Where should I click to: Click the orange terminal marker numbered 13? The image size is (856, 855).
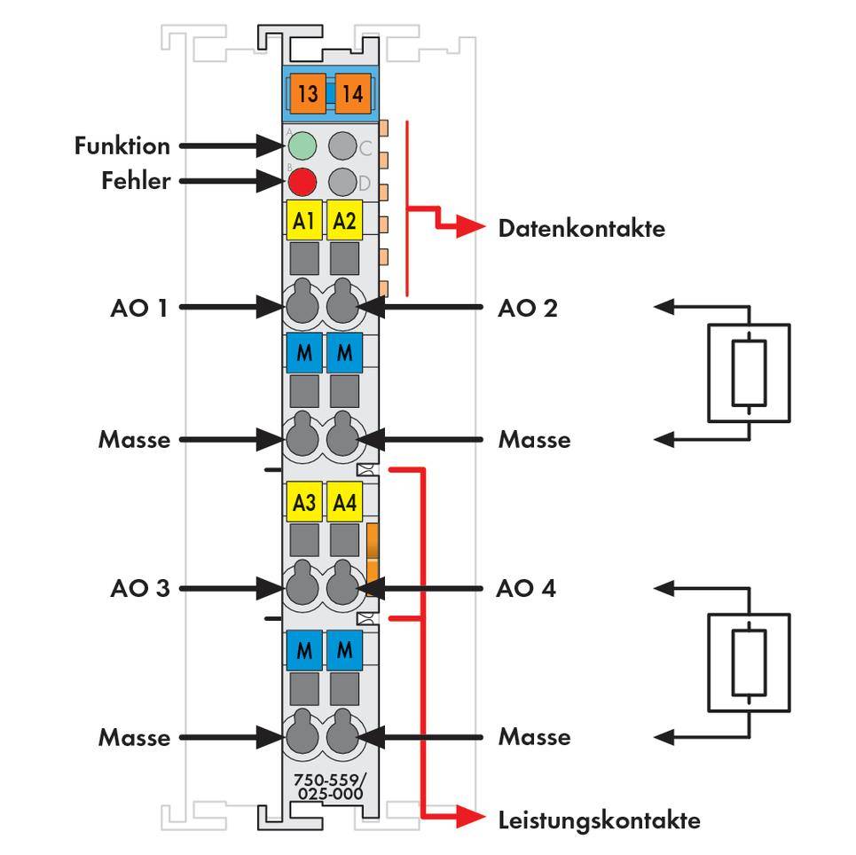[x=308, y=93]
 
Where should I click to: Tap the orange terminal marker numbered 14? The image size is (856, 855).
[x=352, y=93]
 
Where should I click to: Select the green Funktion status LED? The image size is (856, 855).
[x=302, y=145]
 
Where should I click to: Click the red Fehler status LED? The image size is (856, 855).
[x=302, y=182]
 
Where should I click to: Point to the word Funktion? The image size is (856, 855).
[x=122, y=145]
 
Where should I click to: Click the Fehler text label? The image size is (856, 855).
[x=135, y=181]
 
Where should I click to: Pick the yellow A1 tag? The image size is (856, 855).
[x=304, y=221]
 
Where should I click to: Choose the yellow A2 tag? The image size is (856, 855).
[x=343, y=221]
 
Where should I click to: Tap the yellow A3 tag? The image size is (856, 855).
[x=304, y=502]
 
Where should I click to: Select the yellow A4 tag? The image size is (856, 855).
[x=343, y=502]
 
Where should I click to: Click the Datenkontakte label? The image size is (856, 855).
[x=581, y=229]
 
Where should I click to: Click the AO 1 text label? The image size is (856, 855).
[x=139, y=308]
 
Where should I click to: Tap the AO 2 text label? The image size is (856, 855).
[x=529, y=308]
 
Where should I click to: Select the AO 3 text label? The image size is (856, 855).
[x=139, y=588]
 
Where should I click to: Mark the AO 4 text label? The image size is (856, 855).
[x=527, y=588]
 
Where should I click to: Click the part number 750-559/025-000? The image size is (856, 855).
[x=328, y=787]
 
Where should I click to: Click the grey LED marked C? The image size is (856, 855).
[x=342, y=145]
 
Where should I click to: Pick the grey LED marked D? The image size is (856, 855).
[x=342, y=182]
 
